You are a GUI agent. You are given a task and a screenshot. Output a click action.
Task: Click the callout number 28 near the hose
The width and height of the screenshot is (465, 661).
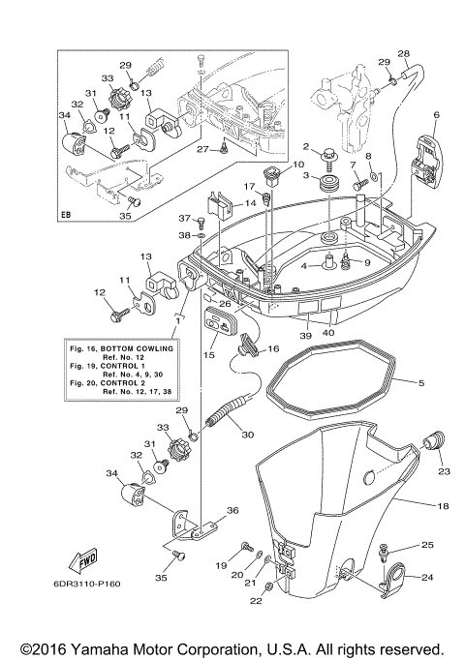pyautogui.click(x=404, y=53)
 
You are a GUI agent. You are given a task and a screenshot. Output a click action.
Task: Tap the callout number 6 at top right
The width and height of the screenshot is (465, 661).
pyautogui.click(x=436, y=115)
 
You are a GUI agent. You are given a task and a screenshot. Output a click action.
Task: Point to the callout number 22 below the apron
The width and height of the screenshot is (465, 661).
pyautogui.click(x=256, y=601)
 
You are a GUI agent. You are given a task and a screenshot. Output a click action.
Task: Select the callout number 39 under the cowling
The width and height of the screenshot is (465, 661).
pyautogui.click(x=304, y=334)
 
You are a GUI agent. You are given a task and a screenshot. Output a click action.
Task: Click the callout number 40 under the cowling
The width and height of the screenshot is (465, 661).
pyautogui.click(x=329, y=334)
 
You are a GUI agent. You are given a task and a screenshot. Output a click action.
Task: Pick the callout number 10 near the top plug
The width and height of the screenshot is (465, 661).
pyautogui.click(x=271, y=165)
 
